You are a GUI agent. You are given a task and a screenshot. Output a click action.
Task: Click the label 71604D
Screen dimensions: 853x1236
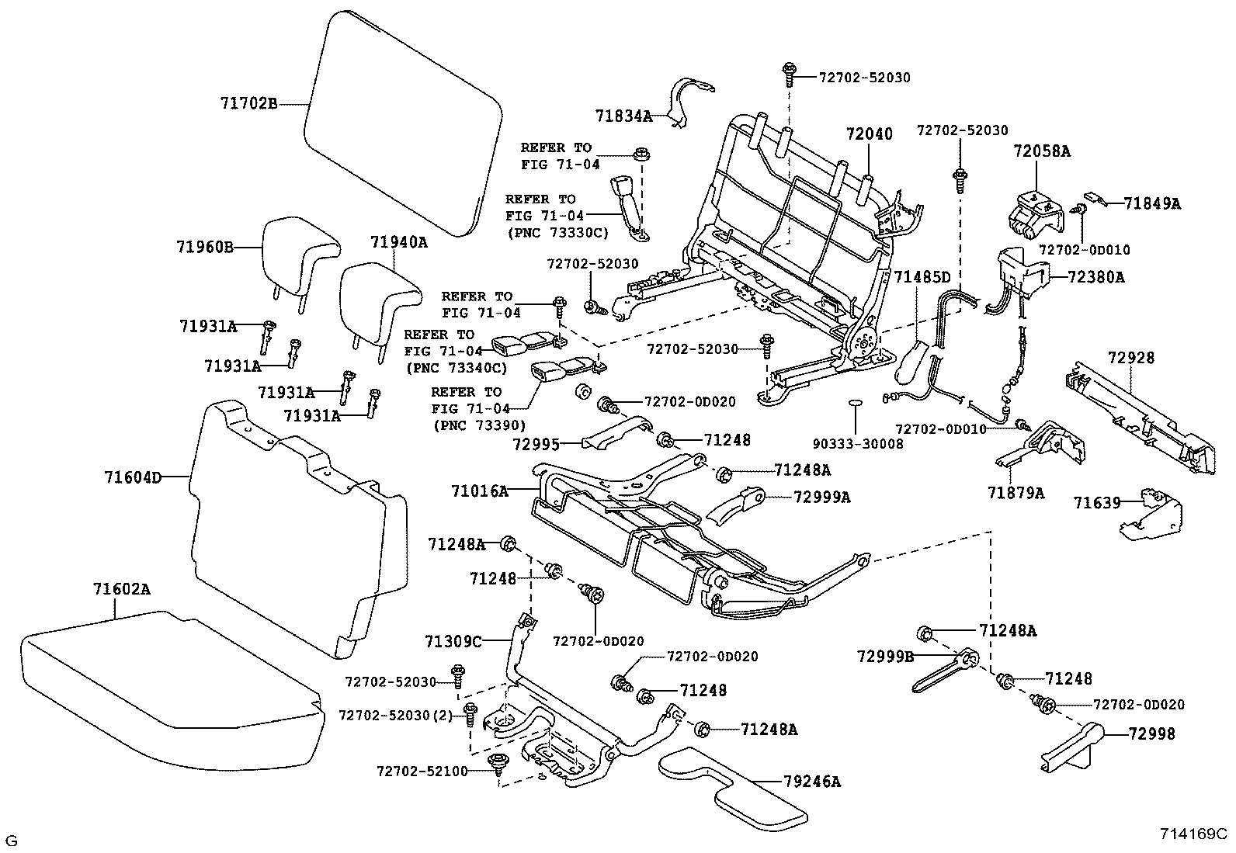[133, 477]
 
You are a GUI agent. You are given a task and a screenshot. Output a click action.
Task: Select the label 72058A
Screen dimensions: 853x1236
[1041, 152]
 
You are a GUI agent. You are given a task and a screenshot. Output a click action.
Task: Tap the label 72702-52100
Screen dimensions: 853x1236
[422, 772]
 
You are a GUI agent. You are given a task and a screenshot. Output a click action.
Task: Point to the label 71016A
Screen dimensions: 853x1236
[479, 491]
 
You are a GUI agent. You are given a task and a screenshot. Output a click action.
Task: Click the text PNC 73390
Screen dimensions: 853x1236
[478, 425]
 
